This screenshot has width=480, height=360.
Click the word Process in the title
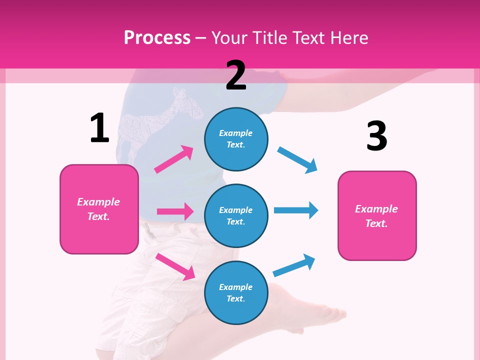157,37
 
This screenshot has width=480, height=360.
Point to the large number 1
99,128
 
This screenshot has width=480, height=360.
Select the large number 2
236,75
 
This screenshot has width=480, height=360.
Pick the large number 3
376,136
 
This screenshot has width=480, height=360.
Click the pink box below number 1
99,209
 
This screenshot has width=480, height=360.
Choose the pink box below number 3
377,215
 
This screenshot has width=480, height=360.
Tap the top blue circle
236,139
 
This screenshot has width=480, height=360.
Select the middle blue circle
236,215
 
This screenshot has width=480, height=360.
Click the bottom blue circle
236,292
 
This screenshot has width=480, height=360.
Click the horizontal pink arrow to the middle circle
175,211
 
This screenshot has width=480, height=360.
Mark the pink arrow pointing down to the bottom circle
175,266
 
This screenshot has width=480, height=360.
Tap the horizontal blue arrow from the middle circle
296,210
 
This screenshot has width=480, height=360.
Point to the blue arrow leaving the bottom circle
294,265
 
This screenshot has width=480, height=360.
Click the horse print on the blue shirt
150,122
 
